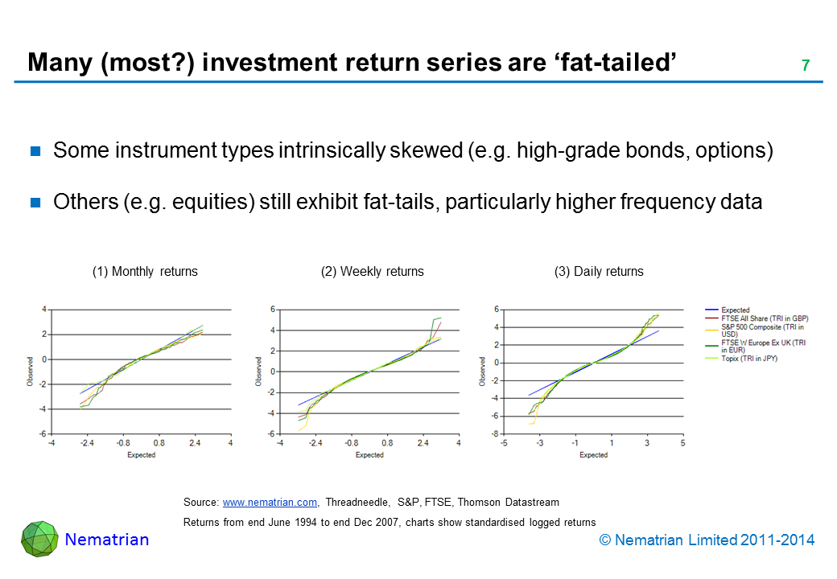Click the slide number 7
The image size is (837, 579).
click(x=805, y=65)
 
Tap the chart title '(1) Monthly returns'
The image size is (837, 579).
click(x=145, y=272)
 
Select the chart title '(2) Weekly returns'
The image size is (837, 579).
click(x=372, y=272)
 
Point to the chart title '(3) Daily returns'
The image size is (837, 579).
click(x=599, y=272)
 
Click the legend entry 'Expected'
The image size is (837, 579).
click(x=735, y=310)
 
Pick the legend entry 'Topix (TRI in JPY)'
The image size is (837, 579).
click(x=749, y=359)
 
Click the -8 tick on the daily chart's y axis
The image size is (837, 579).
click(x=497, y=434)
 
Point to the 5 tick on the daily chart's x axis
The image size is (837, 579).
click(x=682, y=443)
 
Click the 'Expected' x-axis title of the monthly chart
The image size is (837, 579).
click(x=141, y=455)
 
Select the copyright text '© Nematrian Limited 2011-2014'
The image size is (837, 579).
click(x=713, y=540)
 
